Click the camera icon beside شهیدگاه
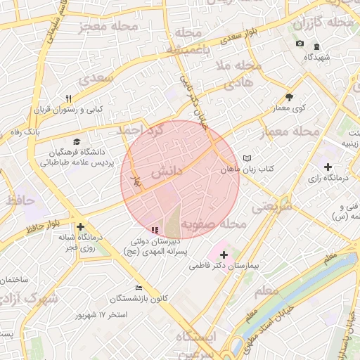(300, 44)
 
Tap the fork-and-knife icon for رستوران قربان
(68, 98)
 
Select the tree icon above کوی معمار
(289, 97)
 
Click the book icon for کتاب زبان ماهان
(246, 158)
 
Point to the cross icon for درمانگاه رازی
(328, 166)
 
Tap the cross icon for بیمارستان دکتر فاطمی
(224, 254)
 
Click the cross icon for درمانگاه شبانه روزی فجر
(81, 226)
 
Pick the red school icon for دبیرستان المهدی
(155, 230)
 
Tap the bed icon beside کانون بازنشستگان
(139, 287)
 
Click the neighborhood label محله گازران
(326, 24)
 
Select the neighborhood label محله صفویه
(214, 225)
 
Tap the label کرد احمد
(141, 131)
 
